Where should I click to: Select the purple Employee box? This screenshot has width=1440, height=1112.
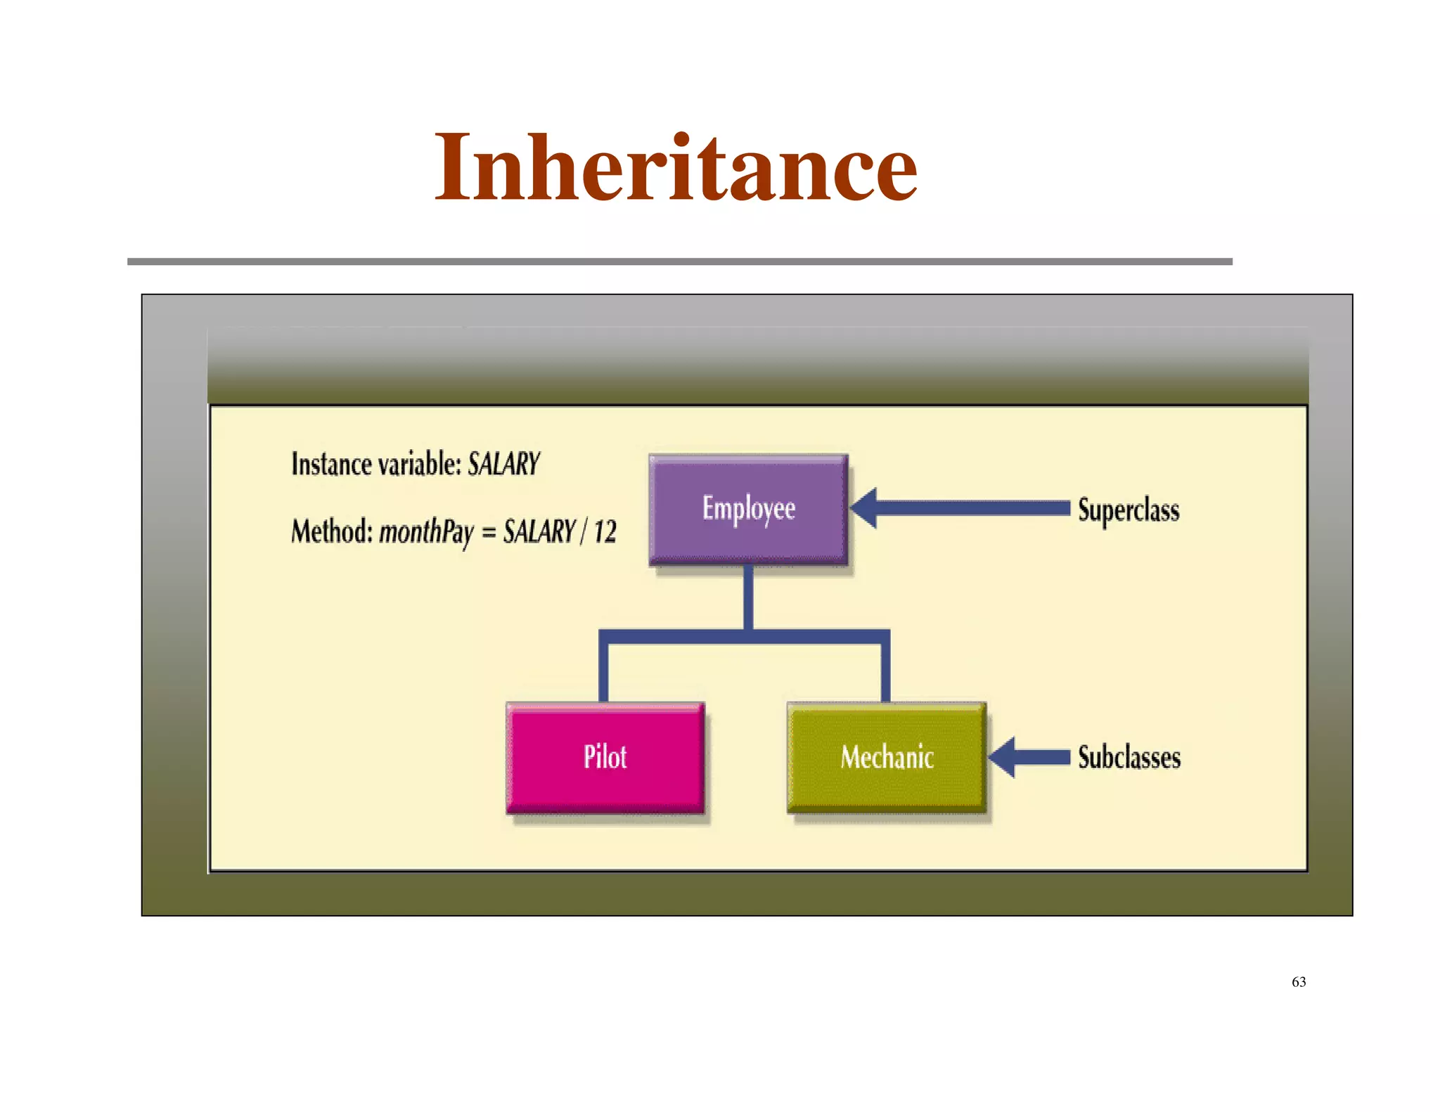(x=748, y=509)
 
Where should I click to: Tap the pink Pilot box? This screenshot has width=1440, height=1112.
(x=605, y=758)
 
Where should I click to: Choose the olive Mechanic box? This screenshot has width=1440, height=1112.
(x=886, y=758)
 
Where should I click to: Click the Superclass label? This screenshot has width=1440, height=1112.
(x=1128, y=510)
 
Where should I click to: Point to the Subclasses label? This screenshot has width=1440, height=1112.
(x=1129, y=758)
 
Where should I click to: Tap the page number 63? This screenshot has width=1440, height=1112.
(x=1298, y=982)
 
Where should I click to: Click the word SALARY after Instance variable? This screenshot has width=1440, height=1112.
(x=503, y=465)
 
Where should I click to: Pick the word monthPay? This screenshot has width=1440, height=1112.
(x=427, y=532)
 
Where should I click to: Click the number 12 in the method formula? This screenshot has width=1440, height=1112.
(x=605, y=532)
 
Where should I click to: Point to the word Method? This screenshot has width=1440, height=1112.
(x=331, y=532)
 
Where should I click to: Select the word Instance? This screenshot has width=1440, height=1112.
(x=331, y=465)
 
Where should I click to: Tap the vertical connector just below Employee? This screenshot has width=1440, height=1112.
(x=748, y=597)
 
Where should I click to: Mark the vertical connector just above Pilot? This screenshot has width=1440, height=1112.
(x=603, y=671)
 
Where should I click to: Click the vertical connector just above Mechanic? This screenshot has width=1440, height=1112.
(x=885, y=671)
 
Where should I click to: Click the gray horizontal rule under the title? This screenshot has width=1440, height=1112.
(x=679, y=261)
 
